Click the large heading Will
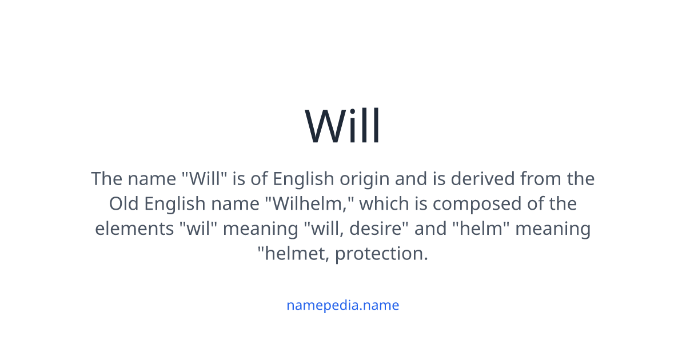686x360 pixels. [342, 125]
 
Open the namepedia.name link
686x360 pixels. [342, 305]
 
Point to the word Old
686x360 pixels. [123, 203]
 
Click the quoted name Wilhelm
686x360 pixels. [309, 203]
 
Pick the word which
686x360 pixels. [384, 203]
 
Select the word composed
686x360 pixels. [477, 205]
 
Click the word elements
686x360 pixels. [134, 229]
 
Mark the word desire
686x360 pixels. [375, 229]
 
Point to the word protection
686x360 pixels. [381, 255]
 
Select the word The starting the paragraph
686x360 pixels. [107, 178]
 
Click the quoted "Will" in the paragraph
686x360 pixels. [204, 178]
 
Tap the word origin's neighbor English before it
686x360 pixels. [303, 179]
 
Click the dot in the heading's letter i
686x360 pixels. [353, 112]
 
